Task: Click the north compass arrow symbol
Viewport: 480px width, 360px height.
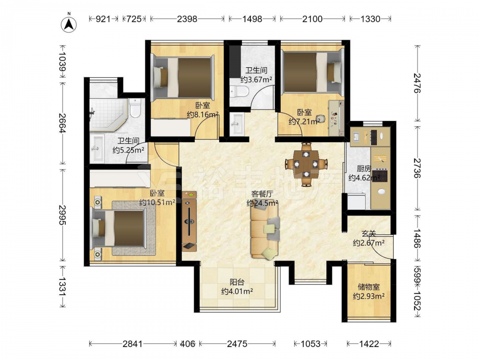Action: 69,24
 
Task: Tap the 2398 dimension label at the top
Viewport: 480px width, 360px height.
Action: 187,19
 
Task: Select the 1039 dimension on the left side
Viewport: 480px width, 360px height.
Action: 62,61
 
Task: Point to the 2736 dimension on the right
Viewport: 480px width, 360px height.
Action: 418,168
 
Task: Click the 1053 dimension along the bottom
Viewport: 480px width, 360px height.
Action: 311,344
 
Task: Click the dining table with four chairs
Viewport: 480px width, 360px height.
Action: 306,164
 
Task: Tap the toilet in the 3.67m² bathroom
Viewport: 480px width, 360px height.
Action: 240,91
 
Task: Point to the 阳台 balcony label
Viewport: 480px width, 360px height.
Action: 237,282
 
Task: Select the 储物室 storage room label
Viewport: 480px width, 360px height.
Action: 369,287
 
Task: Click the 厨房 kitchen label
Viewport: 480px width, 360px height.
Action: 364,168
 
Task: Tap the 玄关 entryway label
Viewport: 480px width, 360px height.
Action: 369,234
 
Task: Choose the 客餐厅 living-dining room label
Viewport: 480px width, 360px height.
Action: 262,194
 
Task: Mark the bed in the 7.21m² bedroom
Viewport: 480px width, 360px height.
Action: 312,72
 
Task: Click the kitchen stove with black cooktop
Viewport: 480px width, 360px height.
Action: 380,175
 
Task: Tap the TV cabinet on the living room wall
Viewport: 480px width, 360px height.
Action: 189,221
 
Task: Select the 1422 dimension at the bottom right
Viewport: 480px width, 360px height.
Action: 369,344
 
